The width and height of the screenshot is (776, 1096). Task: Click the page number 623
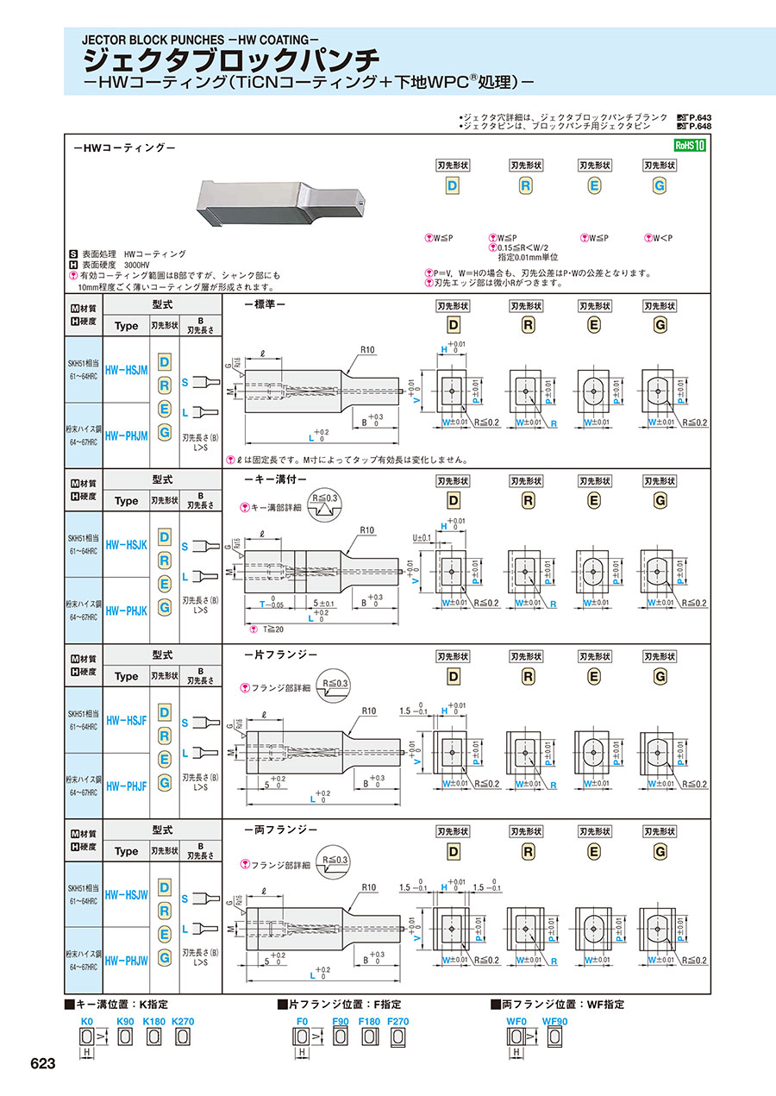click(42, 1064)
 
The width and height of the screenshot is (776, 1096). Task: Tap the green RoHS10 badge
click(690, 145)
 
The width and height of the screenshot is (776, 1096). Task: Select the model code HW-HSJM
click(126, 368)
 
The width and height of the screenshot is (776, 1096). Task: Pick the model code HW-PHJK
click(126, 610)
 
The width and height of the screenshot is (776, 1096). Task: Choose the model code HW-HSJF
click(126, 718)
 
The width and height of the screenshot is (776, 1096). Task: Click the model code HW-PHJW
click(126, 960)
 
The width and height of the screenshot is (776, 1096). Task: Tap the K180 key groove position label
click(153, 1021)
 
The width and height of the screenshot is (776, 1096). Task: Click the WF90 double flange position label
click(555, 1021)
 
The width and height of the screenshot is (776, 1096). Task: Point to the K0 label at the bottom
click(86, 1021)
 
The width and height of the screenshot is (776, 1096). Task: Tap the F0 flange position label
click(302, 1021)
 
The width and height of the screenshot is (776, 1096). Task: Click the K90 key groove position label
click(126, 1021)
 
